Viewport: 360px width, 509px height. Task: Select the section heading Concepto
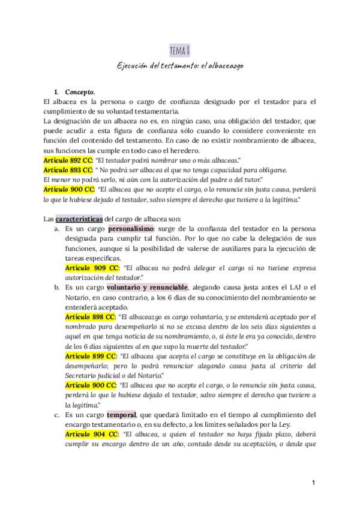coord(80,92)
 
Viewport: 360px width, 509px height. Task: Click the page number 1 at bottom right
coord(313,483)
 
